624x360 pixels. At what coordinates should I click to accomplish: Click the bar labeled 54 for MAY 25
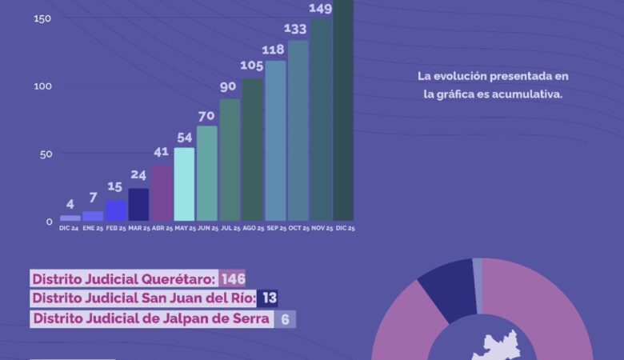(184, 184)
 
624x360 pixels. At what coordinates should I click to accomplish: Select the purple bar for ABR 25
(161, 193)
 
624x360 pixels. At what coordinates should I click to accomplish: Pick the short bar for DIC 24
(70, 218)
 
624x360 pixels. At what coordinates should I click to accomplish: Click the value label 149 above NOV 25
(321, 10)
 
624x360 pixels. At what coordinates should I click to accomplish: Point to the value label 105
(253, 66)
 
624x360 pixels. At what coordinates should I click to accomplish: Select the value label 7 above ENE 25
(93, 198)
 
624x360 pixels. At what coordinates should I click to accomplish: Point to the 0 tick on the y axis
(50, 222)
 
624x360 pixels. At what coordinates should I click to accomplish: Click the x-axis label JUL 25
(230, 229)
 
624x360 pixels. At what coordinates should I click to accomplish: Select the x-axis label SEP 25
(276, 229)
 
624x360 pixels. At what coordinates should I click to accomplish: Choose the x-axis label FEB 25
(116, 229)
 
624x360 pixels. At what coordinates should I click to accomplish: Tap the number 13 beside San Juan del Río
(269, 299)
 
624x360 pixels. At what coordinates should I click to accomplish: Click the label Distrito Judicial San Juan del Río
(143, 299)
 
